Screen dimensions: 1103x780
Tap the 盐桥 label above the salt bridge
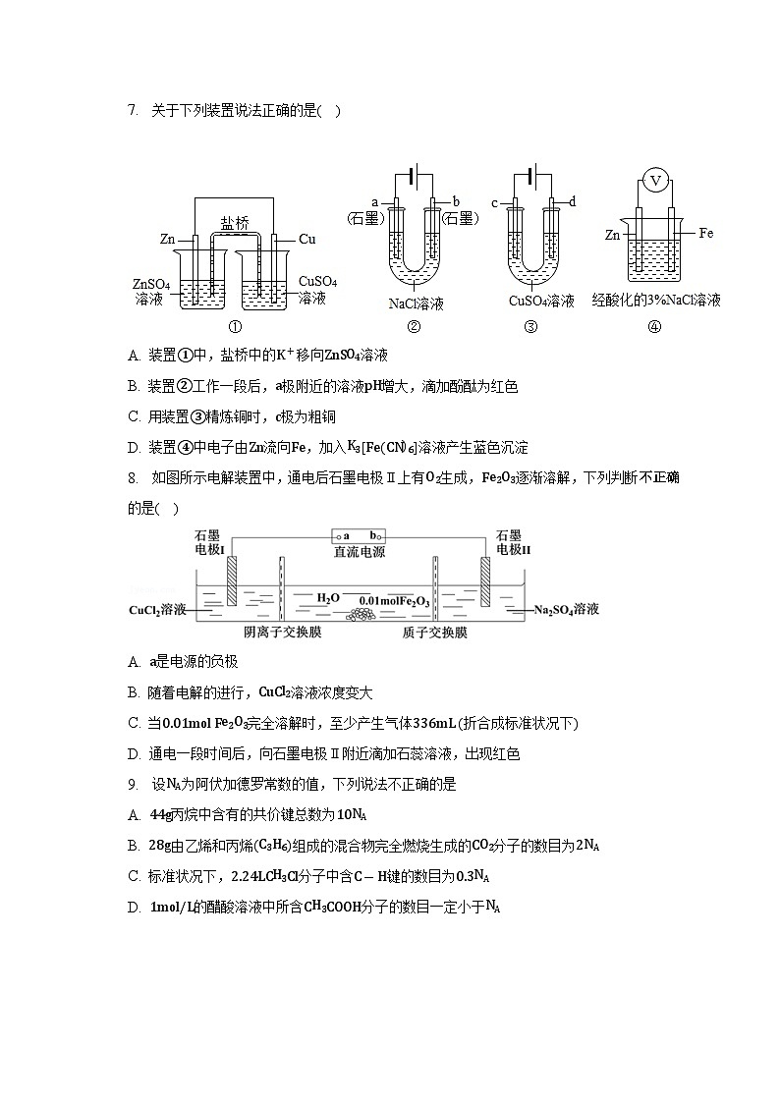(234, 223)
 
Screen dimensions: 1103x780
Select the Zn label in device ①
(168, 239)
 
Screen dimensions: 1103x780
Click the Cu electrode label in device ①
(306, 239)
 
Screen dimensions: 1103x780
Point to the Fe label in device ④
(705, 234)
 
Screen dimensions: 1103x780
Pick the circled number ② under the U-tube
(414, 328)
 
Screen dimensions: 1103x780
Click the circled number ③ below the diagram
(530, 328)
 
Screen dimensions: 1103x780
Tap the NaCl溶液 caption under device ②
(417, 303)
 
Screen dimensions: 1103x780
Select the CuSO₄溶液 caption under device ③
(541, 302)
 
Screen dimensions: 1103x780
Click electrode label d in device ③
(572, 201)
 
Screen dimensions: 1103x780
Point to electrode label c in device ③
(495, 203)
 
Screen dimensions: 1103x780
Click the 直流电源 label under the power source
(360, 552)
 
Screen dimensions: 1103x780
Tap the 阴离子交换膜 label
(282, 633)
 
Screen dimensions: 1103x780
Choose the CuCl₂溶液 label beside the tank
(159, 610)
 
